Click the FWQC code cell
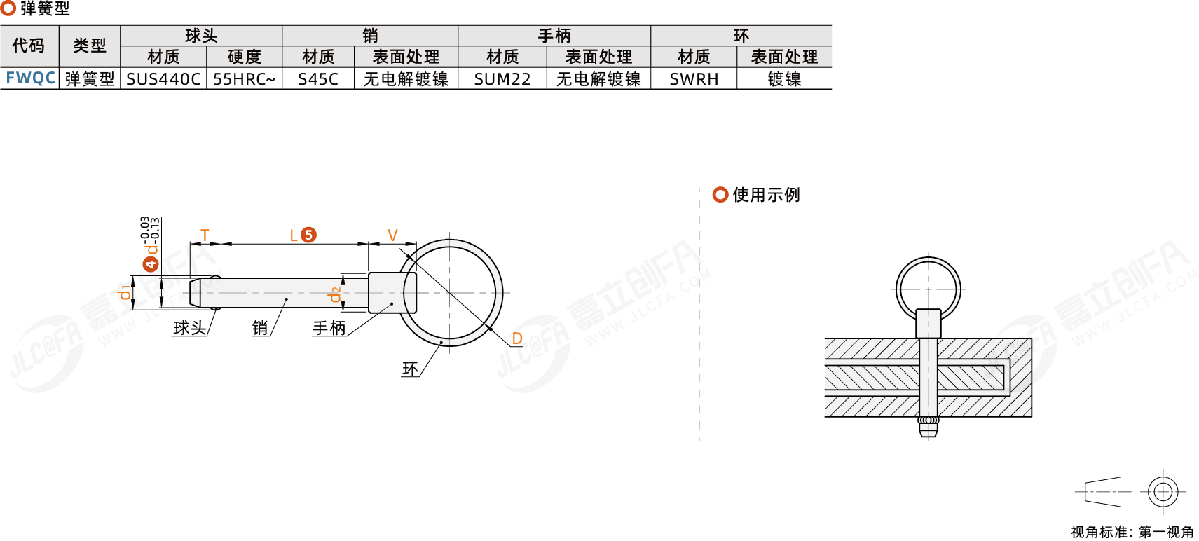[x=31, y=78]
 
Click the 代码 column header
[x=28, y=46]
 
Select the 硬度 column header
[x=244, y=57]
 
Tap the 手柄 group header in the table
[x=554, y=36]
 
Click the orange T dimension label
[x=205, y=235]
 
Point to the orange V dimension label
[x=392, y=235]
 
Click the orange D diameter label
[x=516, y=338]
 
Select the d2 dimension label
[x=335, y=294]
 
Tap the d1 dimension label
[x=124, y=292]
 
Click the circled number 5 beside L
[x=308, y=235]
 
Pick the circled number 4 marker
[x=151, y=263]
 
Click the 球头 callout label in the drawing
[x=189, y=328]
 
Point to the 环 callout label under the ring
[x=410, y=369]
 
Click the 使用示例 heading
[x=766, y=195]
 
